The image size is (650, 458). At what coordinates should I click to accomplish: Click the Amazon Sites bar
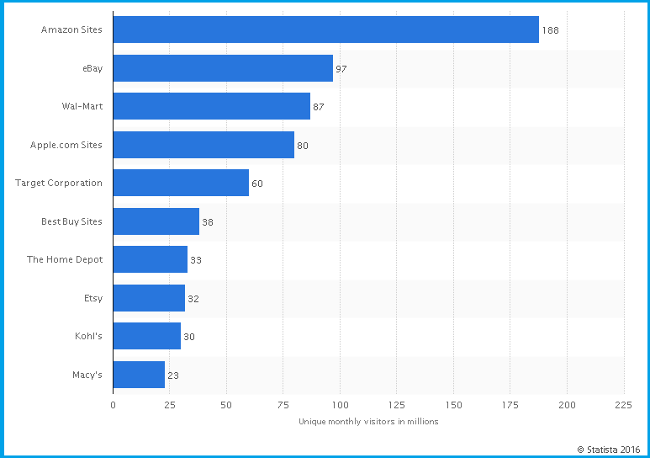(x=325, y=29)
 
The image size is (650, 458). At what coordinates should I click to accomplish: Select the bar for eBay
(x=223, y=68)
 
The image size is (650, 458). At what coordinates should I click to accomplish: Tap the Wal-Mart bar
(x=211, y=106)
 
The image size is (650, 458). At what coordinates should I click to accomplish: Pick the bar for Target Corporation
(x=181, y=183)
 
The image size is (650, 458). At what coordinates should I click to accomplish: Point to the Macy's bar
(x=139, y=375)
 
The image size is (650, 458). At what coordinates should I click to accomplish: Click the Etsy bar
(x=149, y=298)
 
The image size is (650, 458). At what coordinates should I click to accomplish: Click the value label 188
(x=550, y=30)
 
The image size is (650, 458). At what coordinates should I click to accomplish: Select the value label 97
(x=341, y=69)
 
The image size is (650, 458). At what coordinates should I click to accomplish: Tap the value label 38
(x=208, y=222)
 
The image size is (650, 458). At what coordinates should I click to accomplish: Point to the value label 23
(x=173, y=375)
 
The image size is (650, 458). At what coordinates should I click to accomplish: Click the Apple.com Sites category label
(x=66, y=145)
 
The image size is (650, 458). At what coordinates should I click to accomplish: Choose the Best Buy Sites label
(x=71, y=221)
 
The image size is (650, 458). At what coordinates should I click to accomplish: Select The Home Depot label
(x=65, y=259)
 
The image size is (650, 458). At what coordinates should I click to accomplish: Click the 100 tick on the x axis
(x=340, y=405)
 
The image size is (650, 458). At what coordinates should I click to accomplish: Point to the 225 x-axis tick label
(x=623, y=405)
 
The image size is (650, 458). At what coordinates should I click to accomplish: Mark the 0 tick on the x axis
(x=113, y=405)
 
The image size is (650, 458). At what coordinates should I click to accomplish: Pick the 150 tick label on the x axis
(x=453, y=405)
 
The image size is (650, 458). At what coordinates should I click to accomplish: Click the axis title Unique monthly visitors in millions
(x=368, y=422)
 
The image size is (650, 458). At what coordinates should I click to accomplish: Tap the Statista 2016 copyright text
(x=608, y=449)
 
